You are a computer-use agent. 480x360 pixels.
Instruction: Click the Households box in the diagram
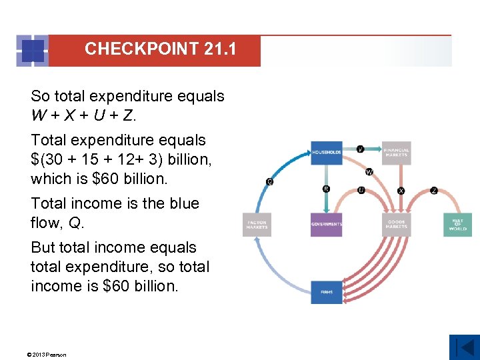[x=326, y=152]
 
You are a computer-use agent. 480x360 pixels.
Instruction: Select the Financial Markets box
[x=396, y=152]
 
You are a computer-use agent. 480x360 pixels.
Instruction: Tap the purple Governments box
[x=326, y=224]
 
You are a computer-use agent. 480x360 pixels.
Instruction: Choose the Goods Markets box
[x=396, y=224]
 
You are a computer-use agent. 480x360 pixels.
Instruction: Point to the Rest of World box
[x=457, y=224]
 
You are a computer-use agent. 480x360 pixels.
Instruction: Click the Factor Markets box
[x=257, y=224]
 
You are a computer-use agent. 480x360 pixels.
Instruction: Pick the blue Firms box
[x=326, y=292]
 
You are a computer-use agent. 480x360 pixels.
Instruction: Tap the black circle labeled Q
[x=269, y=181]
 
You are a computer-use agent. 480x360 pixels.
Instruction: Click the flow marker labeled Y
[x=361, y=149]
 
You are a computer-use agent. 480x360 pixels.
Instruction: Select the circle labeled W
[x=369, y=172]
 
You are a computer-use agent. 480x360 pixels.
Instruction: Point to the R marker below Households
[x=326, y=189]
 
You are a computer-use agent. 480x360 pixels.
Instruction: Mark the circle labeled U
[x=361, y=190]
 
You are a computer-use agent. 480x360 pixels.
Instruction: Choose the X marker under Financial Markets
[x=401, y=191]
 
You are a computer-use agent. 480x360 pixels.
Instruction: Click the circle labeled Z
[x=434, y=191]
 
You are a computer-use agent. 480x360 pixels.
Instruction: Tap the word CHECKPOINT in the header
[x=142, y=49]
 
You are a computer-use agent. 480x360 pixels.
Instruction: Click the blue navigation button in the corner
[x=464, y=347]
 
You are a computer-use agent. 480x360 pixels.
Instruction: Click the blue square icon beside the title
[x=32, y=51]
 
